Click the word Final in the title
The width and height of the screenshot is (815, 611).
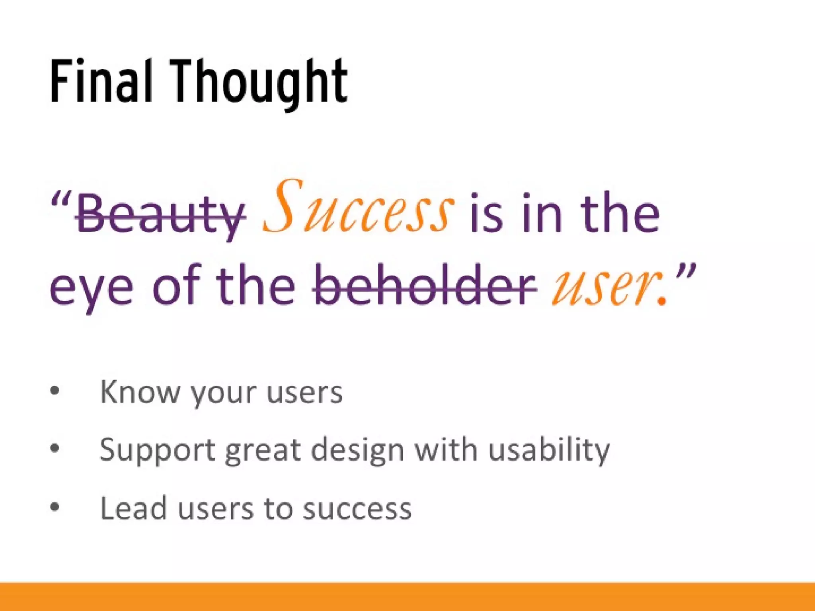pos(101,81)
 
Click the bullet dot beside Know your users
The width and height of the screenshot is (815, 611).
pos(55,391)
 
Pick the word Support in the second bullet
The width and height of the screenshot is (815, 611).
pos(157,450)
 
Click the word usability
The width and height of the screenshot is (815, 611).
pos(549,450)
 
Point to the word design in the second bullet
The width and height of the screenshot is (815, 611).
pos(357,450)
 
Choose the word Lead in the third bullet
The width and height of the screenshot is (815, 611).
pos(133,508)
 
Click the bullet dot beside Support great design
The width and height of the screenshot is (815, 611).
pos(55,449)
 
